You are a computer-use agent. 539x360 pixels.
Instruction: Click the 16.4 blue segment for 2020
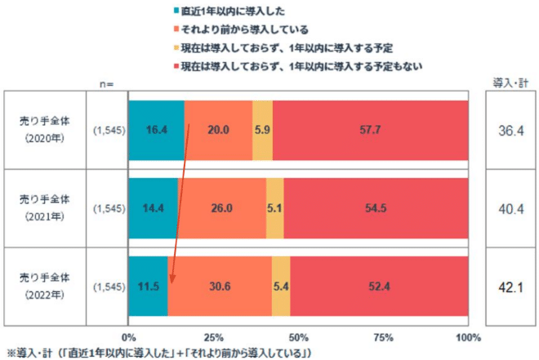[x=156, y=130]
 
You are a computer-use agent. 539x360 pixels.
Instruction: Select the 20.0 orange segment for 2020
[x=218, y=130]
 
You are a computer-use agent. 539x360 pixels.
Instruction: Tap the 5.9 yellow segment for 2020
[x=262, y=130]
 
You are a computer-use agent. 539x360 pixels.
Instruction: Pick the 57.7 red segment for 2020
[x=370, y=130]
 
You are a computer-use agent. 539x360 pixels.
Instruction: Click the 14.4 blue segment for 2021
[x=153, y=208]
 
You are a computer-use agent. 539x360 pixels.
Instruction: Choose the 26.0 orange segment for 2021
[x=221, y=208]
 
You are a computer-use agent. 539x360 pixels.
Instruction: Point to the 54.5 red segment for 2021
[x=376, y=208]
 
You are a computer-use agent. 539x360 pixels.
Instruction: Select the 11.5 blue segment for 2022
[x=148, y=287]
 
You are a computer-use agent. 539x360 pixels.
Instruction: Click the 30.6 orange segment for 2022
[x=219, y=287]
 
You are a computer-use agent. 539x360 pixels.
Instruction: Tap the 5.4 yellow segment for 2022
[x=280, y=287]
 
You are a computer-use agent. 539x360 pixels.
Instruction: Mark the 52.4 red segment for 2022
[x=379, y=287]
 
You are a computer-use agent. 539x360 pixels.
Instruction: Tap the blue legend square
[x=176, y=11]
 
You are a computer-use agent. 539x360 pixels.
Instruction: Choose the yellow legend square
[x=176, y=47]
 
